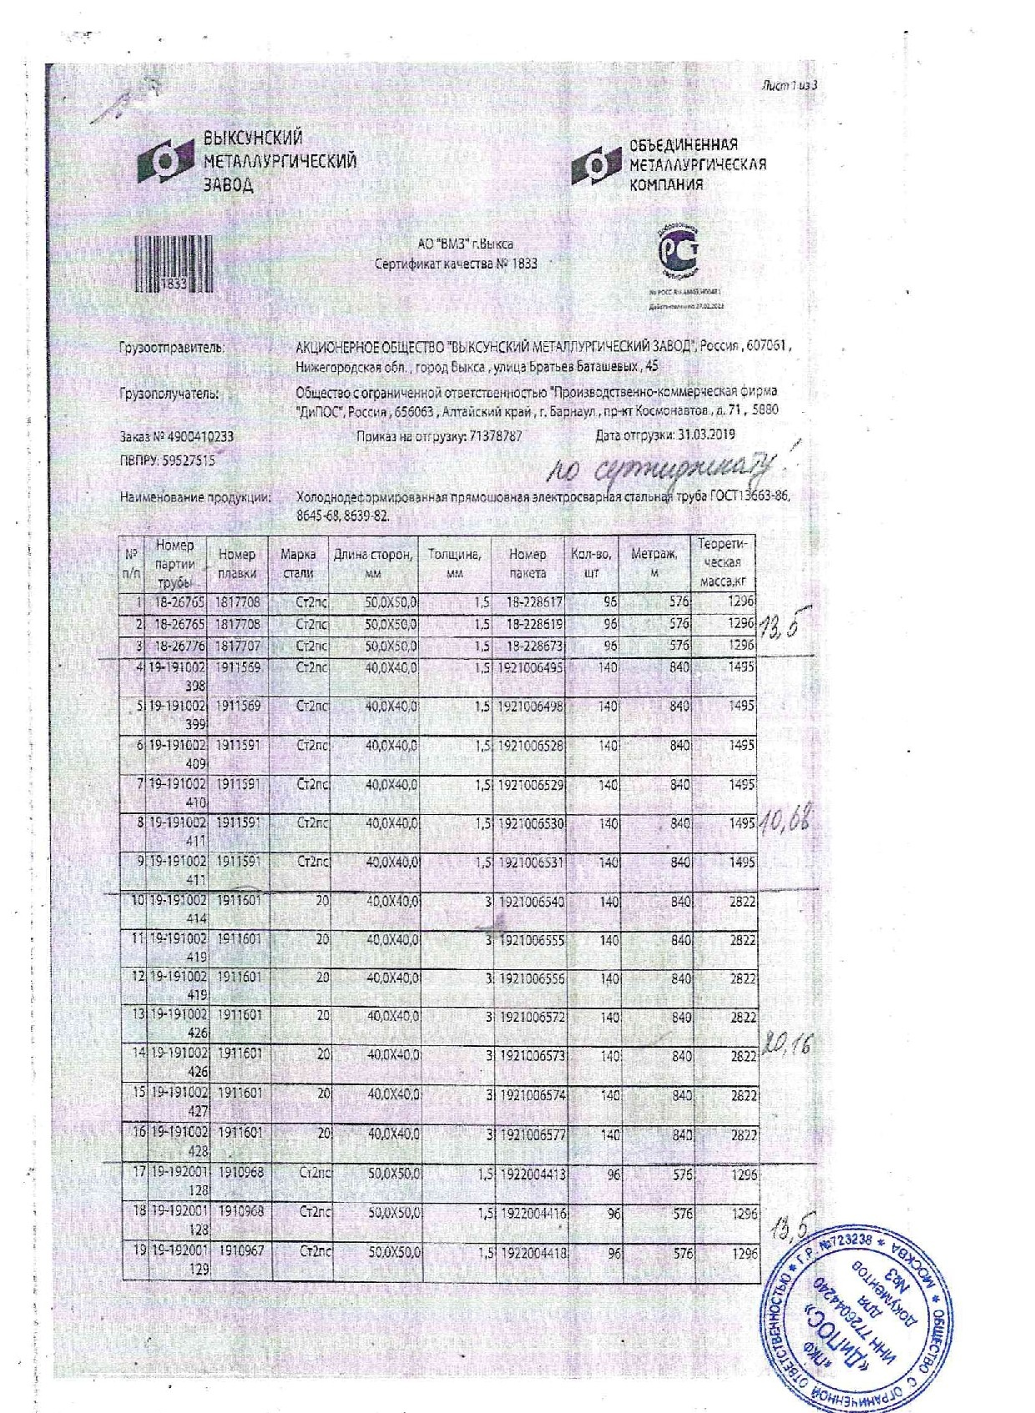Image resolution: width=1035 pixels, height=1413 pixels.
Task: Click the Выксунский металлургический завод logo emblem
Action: point(167,162)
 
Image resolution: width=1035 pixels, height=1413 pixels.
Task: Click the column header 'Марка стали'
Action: point(299,563)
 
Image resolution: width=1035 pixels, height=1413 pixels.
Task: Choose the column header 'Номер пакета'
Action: point(528,563)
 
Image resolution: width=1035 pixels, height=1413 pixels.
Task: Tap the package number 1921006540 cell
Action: point(531,902)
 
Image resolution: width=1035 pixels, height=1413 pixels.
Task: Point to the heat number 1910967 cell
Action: point(240,1252)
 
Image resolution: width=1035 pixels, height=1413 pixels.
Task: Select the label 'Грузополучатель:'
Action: point(169,394)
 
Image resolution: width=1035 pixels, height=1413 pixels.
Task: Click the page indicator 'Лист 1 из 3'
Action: point(788,86)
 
